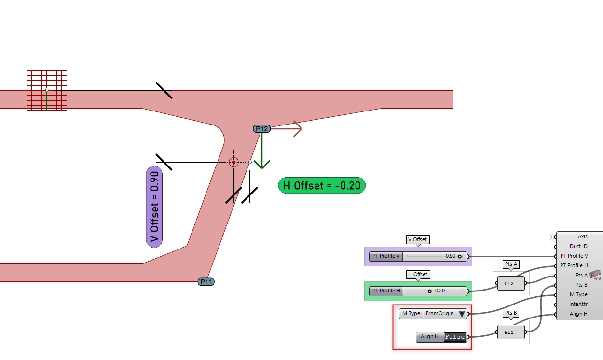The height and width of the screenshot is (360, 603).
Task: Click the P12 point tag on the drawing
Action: click(261, 128)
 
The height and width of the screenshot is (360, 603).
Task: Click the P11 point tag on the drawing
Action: click(206, 282)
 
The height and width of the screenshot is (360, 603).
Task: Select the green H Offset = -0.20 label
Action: click(322, 185)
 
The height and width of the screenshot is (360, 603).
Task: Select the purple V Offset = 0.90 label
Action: click(154, 207)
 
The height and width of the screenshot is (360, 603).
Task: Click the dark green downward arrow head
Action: click(261, 164)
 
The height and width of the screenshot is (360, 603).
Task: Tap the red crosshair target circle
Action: click(233, 162)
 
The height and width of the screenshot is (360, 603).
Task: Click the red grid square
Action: click(46, 90)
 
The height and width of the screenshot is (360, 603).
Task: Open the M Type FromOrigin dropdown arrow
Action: click(462, 314)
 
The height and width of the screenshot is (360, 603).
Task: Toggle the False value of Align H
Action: click(455, 337)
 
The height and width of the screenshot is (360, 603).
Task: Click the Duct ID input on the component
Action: click(578, 246)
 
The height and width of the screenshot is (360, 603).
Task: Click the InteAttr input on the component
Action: click(578, 304)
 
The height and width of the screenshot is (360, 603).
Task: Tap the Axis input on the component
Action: click(582, 236)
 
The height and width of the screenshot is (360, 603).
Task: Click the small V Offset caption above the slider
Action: click(417, 239)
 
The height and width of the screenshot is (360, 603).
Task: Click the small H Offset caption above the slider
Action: click(417, 274)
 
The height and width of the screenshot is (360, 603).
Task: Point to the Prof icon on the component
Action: click(596, 275)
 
